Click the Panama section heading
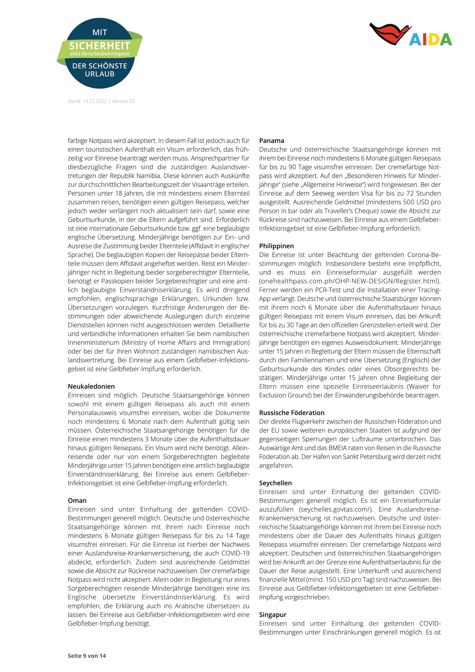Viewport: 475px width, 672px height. click(271, 140)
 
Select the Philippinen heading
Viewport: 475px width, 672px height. click(276, 246)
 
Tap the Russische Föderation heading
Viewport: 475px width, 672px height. click(291, 413)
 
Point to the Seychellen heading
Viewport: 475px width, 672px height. click(275, 483)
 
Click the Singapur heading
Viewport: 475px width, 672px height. click(273, 615)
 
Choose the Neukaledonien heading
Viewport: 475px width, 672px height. click(91, 386)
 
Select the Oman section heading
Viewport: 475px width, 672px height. click(77, 500)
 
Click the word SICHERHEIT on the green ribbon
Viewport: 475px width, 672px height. click(99, 46)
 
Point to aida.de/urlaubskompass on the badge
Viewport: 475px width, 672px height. click(99, 54)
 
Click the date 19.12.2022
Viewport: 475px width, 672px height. click(94, 101)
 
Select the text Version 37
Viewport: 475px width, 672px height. click(123, 101)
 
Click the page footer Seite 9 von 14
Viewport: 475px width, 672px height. click(87, 656)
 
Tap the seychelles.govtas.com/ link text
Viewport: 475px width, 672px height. click(336, 509)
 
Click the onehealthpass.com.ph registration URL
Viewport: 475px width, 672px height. click(350, 281)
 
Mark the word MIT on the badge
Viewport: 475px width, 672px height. click(100, 32)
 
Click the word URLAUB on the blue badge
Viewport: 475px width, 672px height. click(100, 74)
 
